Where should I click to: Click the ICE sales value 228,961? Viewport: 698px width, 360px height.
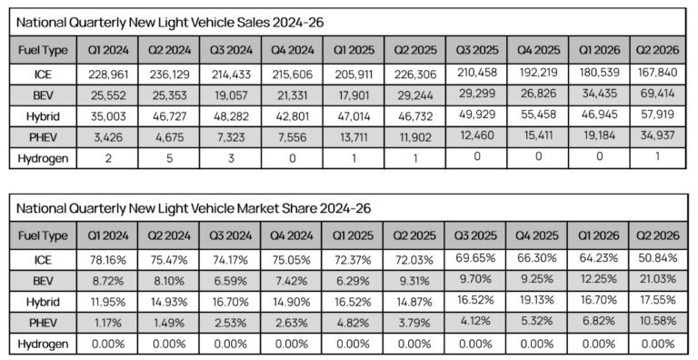click(108, 75)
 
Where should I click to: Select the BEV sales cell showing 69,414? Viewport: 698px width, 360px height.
click(657, 94)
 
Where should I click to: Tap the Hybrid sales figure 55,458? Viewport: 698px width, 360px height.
click(537, 115)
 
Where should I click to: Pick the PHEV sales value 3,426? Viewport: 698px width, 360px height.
click(108, 137)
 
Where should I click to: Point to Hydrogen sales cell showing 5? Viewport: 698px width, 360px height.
click(169, 158)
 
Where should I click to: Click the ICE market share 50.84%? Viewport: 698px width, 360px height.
click(657, 258)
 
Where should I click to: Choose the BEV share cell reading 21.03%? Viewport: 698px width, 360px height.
click(657, 279)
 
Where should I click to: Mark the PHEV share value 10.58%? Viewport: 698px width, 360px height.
click(657, 321)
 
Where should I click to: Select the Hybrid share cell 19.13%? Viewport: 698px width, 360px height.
click(537, 300)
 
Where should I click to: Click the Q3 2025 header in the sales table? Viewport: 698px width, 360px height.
click(476, 49)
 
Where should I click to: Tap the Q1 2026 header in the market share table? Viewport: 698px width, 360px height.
click(598, 235)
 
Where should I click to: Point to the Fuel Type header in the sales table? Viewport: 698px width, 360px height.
click(43, 50)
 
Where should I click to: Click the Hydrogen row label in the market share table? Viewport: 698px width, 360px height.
click(43, 345)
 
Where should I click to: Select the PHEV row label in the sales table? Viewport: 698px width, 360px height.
click(43, 137)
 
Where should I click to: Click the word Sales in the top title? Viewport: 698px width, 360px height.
click(249, 23)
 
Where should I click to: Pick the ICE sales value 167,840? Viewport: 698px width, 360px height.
click(657, 72)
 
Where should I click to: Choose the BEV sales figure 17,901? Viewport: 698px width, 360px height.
click(354, 95)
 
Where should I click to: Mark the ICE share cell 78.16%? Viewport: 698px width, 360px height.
click(107, 260)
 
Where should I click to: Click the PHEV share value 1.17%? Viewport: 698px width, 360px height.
click(107, 323)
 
